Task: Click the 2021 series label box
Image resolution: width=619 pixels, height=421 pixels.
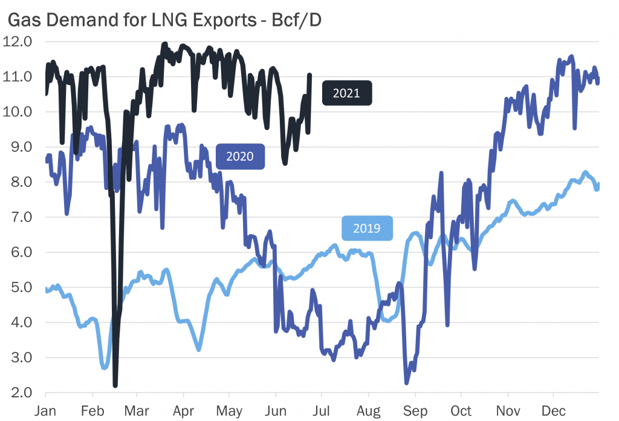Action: [346, 93]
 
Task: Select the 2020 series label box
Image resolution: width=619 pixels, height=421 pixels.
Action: [239, 156]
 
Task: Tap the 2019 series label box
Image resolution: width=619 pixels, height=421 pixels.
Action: [366, 228]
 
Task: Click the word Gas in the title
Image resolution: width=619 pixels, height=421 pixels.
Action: [21, 20]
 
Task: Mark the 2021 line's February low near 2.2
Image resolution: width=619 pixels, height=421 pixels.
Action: [115, 385]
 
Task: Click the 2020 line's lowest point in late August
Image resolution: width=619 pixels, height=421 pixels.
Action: [407, 382]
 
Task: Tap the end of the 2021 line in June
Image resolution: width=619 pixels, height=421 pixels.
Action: [309, 75]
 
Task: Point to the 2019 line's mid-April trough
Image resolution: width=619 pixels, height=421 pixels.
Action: [198, 350]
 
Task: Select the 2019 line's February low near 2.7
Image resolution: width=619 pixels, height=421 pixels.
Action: [104, 367]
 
